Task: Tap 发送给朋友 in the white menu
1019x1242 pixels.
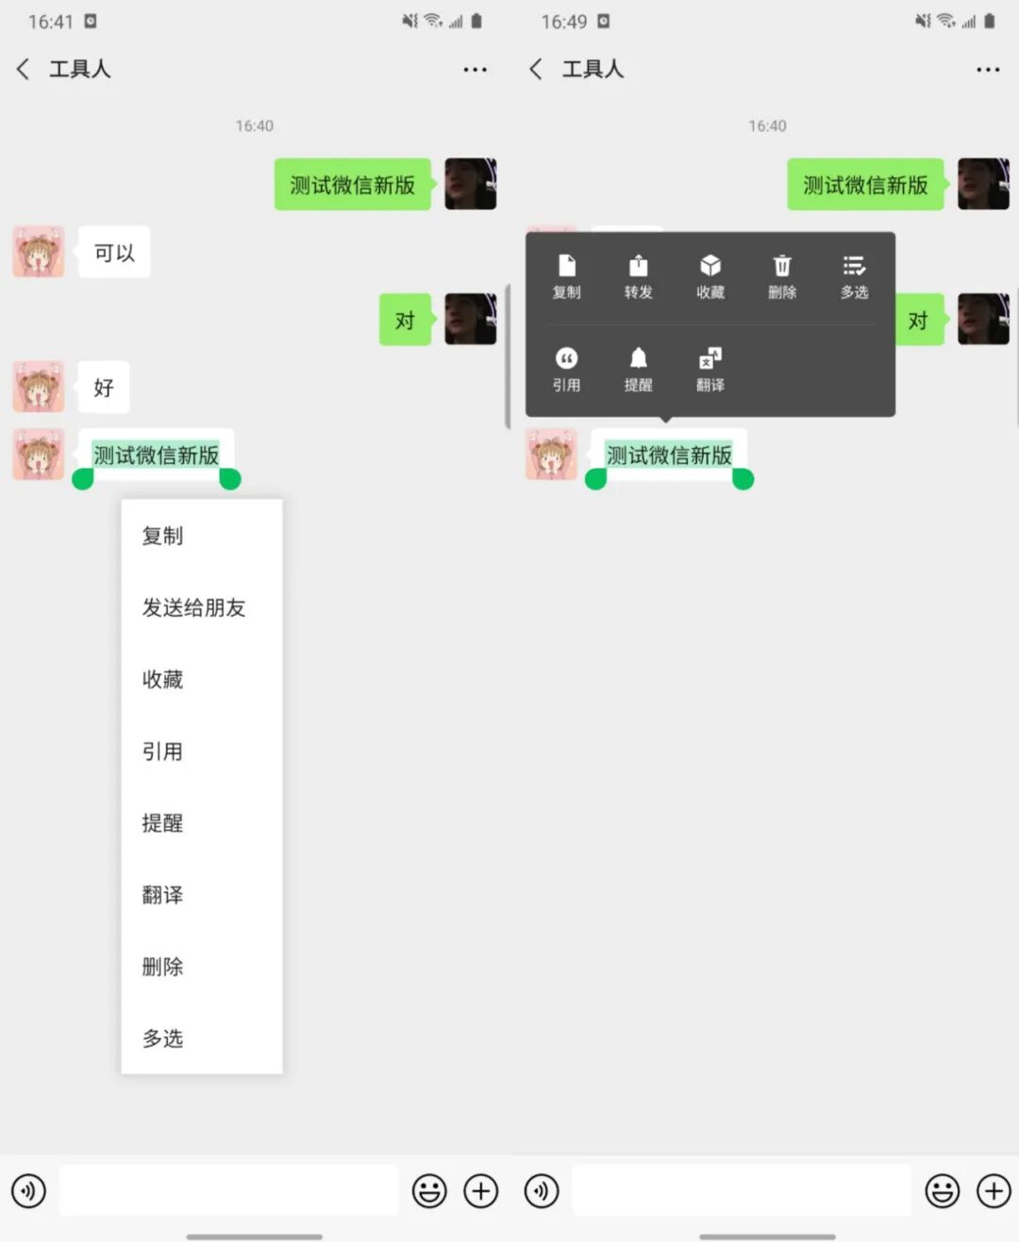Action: [193, 608]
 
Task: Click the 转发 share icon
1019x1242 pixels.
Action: [638, 266]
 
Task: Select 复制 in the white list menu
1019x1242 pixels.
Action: [162, 537]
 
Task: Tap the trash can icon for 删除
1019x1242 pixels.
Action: [782, 266]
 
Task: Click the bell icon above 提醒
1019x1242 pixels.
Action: [638, 358]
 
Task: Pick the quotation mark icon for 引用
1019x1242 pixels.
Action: [566, 358]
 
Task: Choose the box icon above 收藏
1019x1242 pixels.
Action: [710, 266]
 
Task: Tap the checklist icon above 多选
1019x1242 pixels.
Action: [854, 266]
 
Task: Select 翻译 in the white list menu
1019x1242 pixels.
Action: [162, 895]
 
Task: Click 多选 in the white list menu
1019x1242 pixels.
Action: [162, 1038]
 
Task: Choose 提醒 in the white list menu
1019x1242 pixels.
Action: [162, 823]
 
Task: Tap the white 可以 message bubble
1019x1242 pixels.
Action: [114, 253]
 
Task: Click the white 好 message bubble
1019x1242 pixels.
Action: [104, 388]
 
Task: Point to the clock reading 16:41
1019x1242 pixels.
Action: [50, 22]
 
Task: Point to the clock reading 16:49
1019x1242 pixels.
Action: [563, 22]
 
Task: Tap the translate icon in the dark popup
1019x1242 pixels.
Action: [710, 358]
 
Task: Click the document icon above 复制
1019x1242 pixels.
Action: [566, 266]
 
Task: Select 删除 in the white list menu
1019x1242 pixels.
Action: [162, 967]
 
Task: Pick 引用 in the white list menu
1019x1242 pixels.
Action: [162, 752]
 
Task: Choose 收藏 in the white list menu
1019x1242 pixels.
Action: [162, 680]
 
